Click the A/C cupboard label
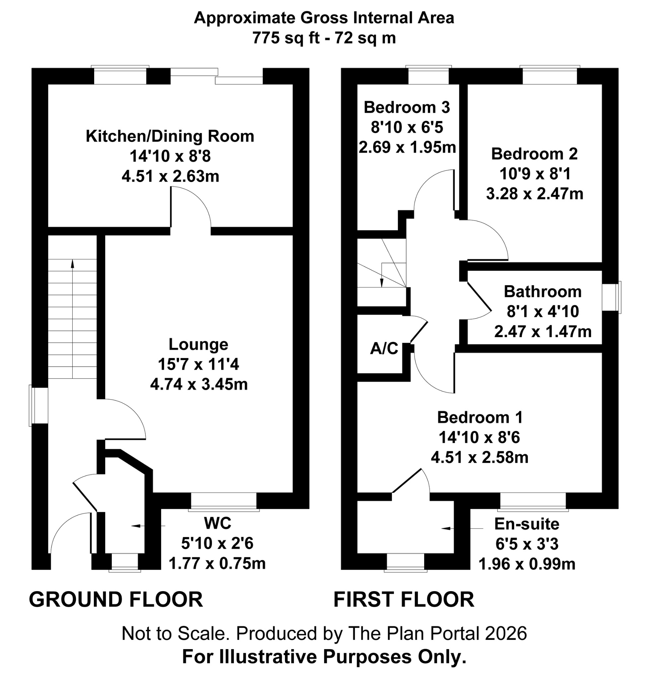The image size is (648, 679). (x=384, y=348)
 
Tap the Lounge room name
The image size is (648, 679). (x=198, y=344)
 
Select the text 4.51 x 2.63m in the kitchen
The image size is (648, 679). (x=170, y=176)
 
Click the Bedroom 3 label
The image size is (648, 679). (x=407, y=107)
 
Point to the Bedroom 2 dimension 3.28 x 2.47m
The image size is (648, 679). (x=534, y=194)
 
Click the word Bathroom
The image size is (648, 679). (x=543, y=291)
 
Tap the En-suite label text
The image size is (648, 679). (x=526, y=524)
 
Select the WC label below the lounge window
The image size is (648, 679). (x=217, y=523)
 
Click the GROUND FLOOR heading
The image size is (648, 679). (x=116, y=599)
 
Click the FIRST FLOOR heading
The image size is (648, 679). (x=404, y=599)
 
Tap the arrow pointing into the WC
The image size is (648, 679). (x=137, y=525)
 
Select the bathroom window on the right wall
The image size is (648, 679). (x=611, y=297)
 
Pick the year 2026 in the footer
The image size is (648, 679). (x=506, y=633)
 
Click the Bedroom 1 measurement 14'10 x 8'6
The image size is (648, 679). (x=479, y=438)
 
